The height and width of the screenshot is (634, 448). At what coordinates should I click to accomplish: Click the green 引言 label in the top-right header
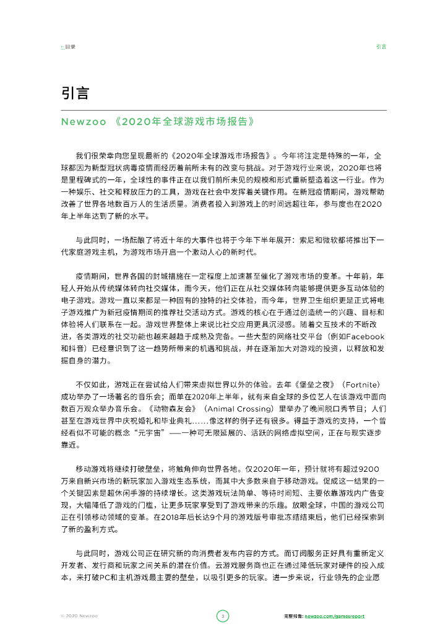coord(381,46)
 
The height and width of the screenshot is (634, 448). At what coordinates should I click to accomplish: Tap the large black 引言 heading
coord(75,93)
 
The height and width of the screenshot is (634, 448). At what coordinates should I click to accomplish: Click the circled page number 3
coord(223,615)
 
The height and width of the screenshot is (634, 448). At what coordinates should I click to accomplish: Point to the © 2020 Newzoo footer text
coord(79,616)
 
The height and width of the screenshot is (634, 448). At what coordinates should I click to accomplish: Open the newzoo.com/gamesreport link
coord(338,616)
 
